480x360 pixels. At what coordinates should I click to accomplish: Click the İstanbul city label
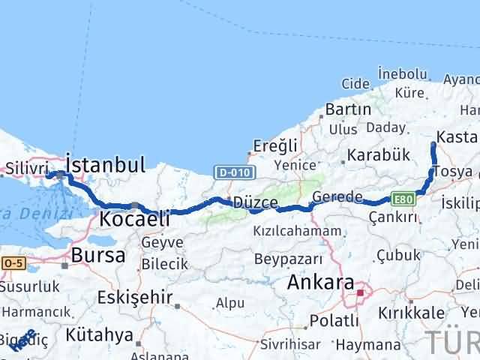click(x=106, y=164)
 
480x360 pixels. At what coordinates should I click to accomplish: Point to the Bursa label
click(x=98, y=255)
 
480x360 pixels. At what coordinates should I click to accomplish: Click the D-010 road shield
click(x=231, y=172)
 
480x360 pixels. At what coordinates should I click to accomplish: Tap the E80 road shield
click(x=402, y=199)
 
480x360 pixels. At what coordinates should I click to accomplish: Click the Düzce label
click(x=256, y=203)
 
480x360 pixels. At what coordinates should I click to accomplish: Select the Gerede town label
click(x=337, y=197)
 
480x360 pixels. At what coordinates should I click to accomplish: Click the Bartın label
click(x=348, y=109)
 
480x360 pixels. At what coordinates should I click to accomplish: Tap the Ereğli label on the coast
click(x=276, y=145)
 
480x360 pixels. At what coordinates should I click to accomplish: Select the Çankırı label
click(x=393, y=216)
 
